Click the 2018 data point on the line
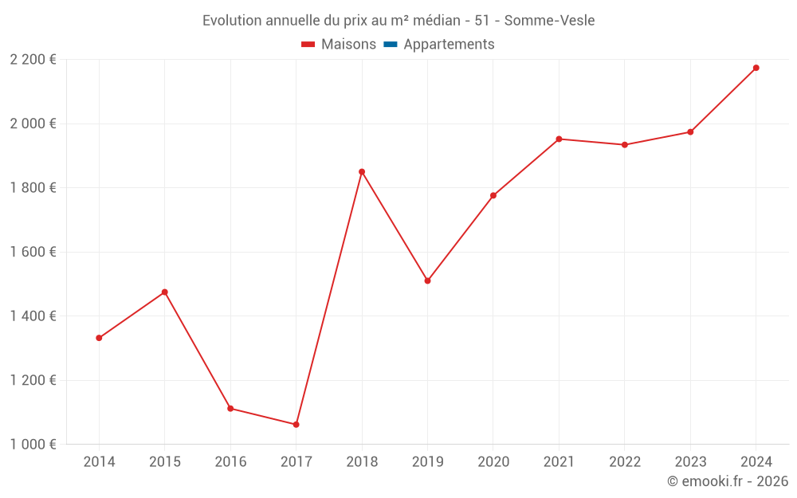(x=362, y=171)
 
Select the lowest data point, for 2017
(x=296, y=425)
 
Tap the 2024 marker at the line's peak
(x=756, y=68)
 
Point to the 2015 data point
(x=165, y=292)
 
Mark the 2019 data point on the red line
(x=427, y=280)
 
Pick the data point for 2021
(x=559, y=139)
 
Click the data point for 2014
(x=99, y=338)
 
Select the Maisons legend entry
(x=348, y=45)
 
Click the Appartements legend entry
(x=449, y=45)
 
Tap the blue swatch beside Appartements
(x=390, y=45)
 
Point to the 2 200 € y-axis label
(x=33, y=60)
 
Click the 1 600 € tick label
(x=33, y=252)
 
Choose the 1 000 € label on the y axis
(x=33, y=444)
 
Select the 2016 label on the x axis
(x=230, y=462)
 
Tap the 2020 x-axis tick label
(x=493, y=462)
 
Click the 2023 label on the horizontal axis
(x=690, y=462)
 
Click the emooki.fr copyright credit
(x=728, y=481)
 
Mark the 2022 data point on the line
(x=625, y=145)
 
